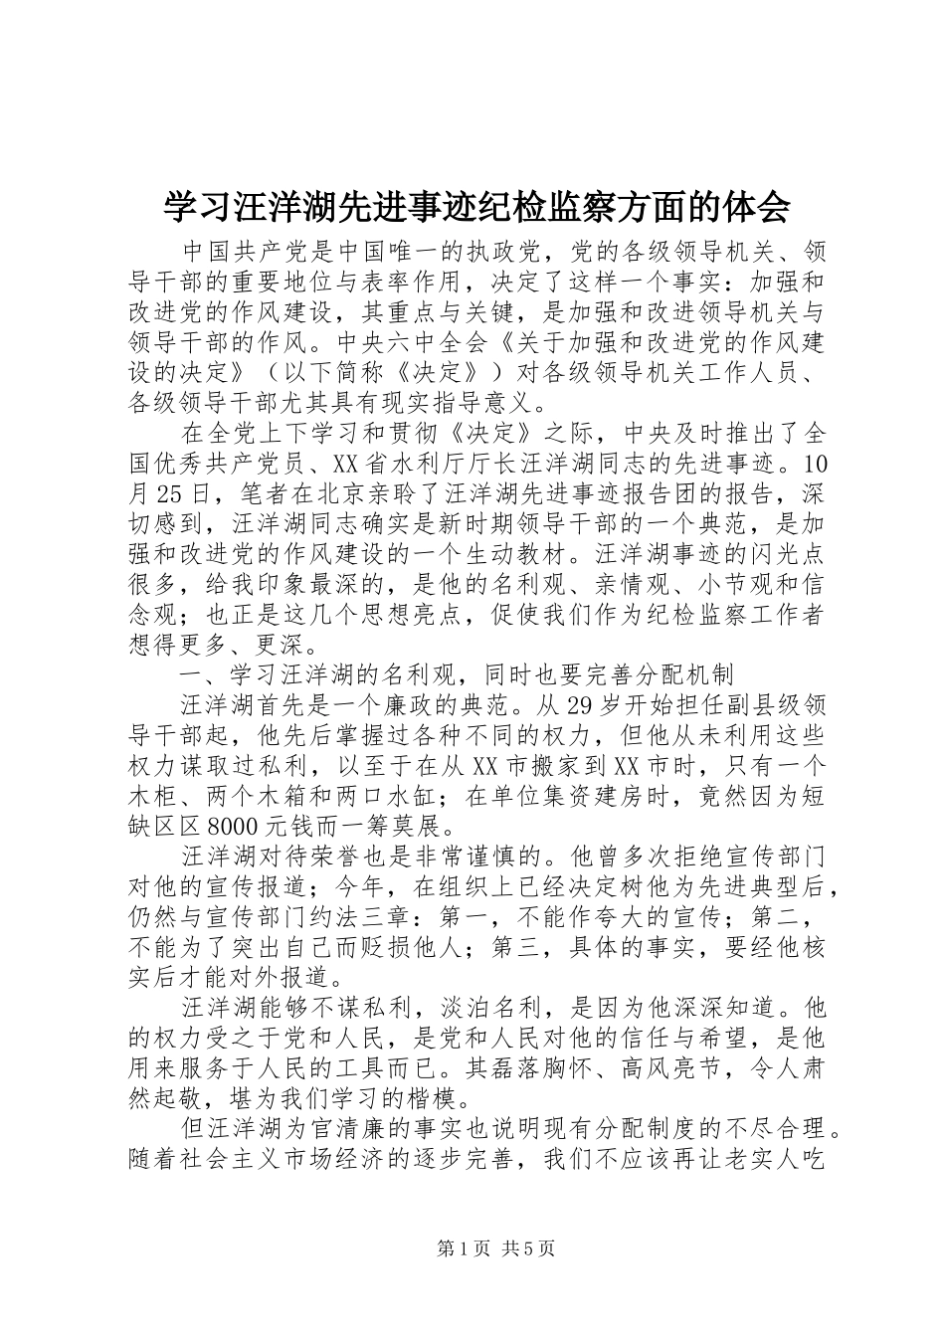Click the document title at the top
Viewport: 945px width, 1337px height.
click(x=476, y=207)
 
